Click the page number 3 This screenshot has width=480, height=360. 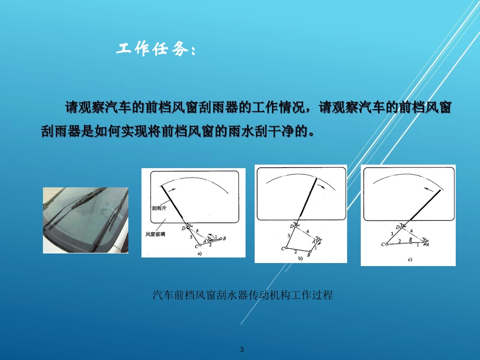[242, 349]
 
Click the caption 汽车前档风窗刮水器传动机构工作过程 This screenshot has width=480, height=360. [243, 295]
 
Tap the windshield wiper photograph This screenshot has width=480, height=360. [85, 220]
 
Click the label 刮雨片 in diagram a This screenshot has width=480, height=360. [158, 208]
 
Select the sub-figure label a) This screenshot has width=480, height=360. [200, 253]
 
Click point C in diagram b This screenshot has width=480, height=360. [283, 248]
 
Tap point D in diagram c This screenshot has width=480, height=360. [398, 228]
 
